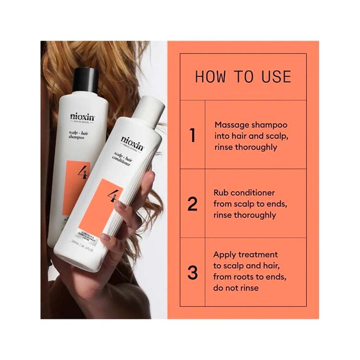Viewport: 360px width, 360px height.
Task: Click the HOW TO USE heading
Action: coord(243,77)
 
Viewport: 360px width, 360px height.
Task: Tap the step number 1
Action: coord(192,135)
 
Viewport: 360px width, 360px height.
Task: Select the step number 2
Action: coord(192,204)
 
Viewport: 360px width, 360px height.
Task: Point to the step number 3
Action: coord(192,273)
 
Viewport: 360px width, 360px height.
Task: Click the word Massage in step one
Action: coord(231,124)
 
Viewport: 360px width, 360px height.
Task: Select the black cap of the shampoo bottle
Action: coord(85,79)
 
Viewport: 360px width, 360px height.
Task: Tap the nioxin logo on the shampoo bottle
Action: coord(82,117)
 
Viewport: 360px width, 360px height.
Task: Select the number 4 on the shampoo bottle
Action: coord(83,172)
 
